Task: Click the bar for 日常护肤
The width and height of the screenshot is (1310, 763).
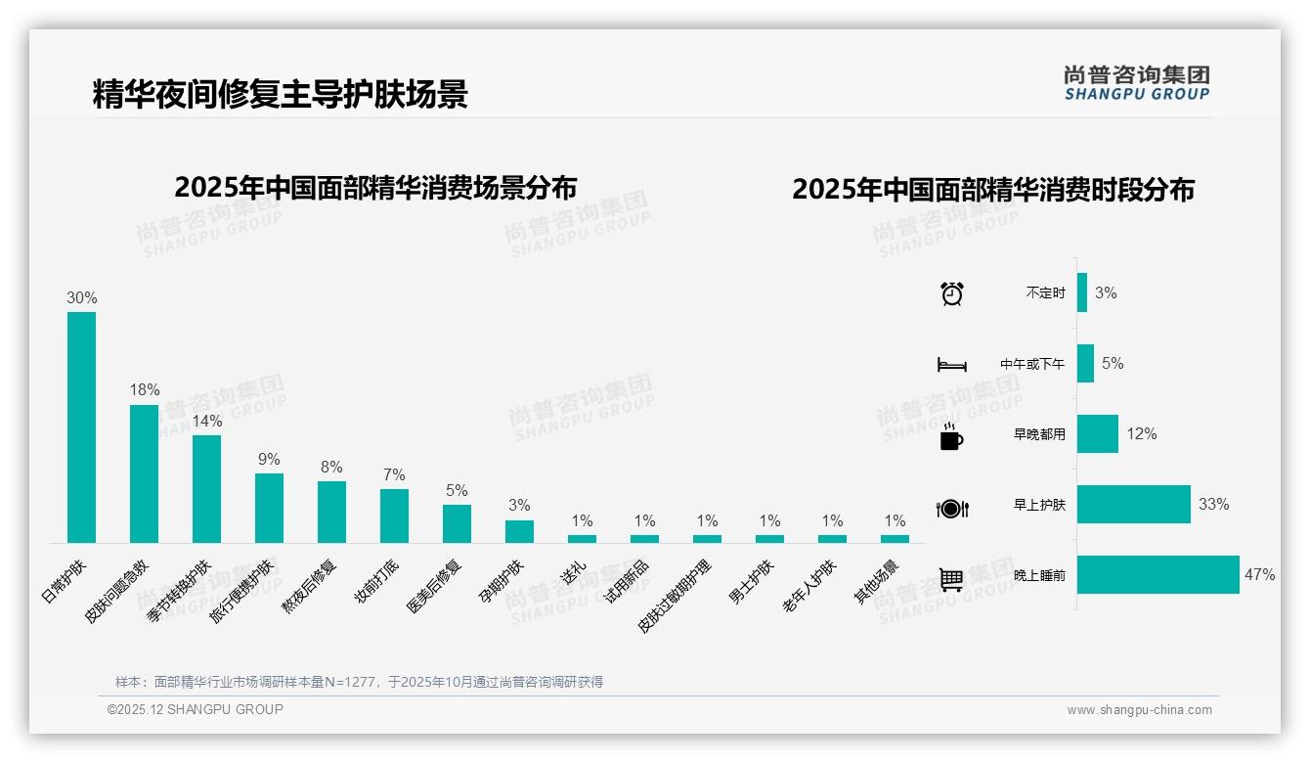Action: point(81,427)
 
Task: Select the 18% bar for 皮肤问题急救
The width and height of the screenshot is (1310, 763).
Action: point(144,473)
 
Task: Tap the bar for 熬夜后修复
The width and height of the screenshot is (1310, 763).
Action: point(331,512)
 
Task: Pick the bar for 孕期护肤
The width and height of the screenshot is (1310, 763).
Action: point(519,531)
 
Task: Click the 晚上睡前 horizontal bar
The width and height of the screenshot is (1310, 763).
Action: point(1157,575)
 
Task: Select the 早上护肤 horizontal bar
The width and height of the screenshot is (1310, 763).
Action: point(1133,505)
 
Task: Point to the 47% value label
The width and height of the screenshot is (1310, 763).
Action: point(1259,575)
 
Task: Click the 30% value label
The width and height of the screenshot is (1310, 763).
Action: point(82,297)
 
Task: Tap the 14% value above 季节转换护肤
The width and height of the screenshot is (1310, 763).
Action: point(206,422)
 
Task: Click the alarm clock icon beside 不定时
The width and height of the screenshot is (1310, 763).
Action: point(951,293)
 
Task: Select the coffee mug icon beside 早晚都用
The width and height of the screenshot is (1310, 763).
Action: point(951,436)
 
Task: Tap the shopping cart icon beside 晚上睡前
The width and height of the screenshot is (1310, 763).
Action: point(951,580)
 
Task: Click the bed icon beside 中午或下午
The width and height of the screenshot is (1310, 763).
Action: point(951,365)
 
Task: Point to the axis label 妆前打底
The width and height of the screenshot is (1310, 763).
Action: point(377,580)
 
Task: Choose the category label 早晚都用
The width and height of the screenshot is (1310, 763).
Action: point(1039,434)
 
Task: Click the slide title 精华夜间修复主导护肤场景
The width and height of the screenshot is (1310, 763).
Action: point(281,94)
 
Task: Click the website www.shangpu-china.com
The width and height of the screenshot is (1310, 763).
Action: point(1139,710)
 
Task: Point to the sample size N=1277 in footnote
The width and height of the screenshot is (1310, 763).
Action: point(347,682)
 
